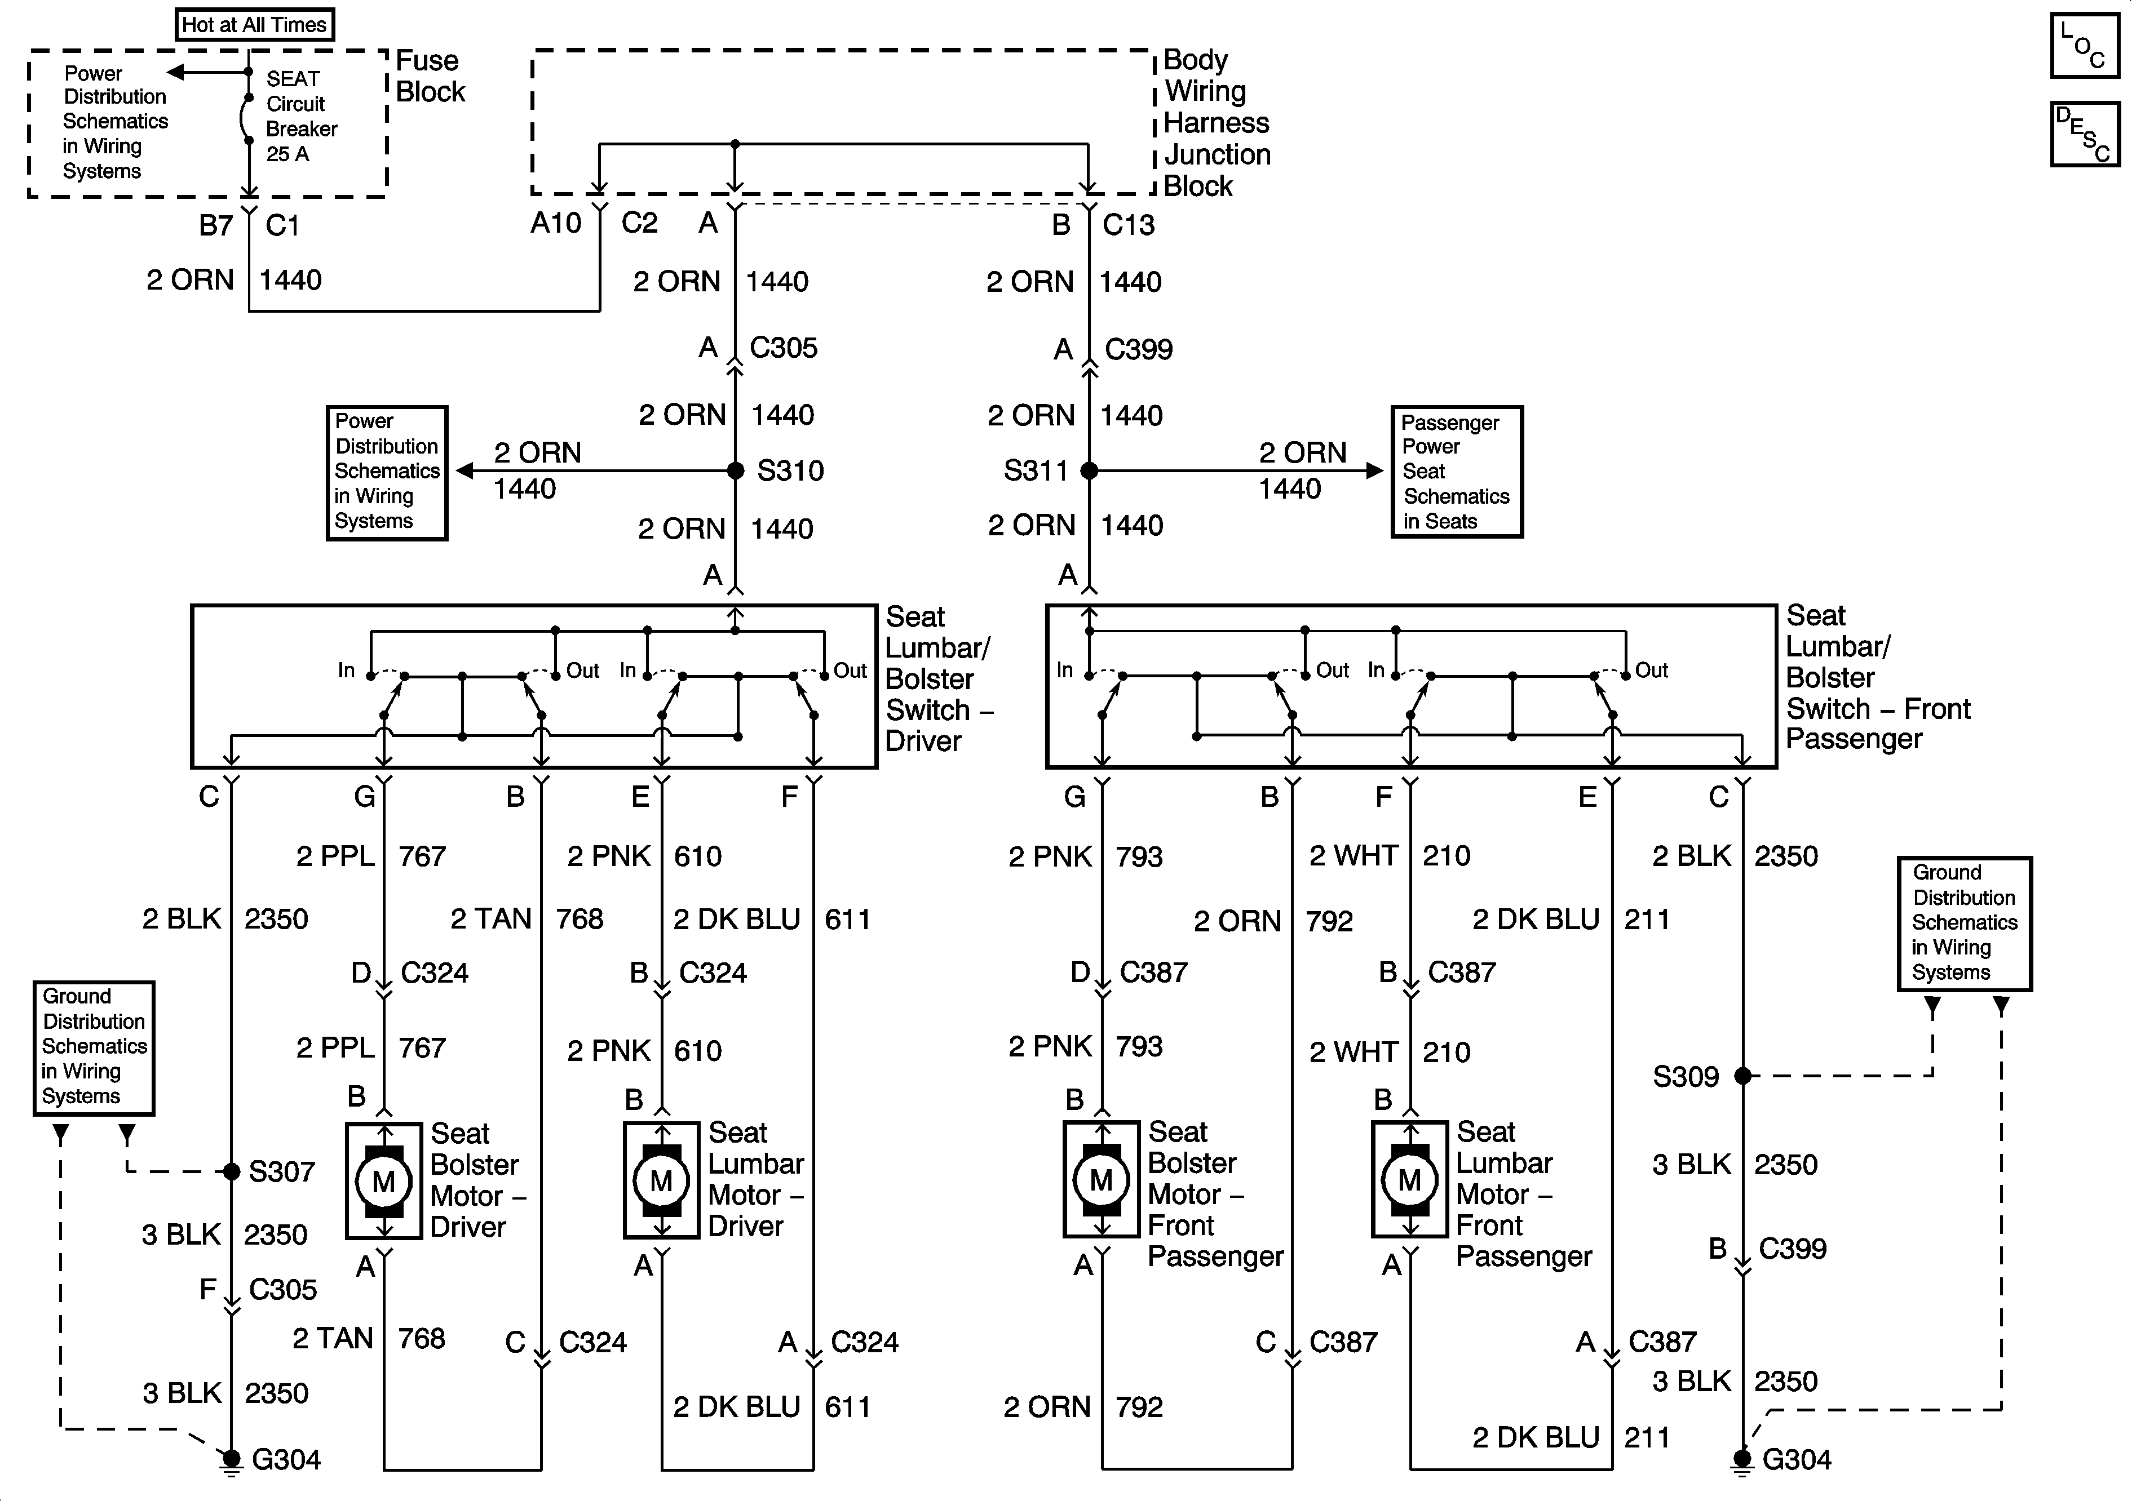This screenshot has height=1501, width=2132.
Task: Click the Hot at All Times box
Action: click(254, 25)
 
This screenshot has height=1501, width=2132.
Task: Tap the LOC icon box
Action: click(2085, 45)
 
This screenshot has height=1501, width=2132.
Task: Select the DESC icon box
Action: click(2085, 135)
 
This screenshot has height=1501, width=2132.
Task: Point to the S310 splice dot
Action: click(736, 470)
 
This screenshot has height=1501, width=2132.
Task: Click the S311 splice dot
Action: click(1089, 470)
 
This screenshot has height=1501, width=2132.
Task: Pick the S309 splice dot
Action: click(1743, 1076)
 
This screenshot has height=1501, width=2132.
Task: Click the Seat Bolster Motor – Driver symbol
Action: click(383, 1181)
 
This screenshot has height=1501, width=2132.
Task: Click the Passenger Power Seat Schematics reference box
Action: click(1457, 472)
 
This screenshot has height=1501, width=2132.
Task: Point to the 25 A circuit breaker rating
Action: click(288, 154)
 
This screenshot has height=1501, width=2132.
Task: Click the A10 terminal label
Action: click(556, 223)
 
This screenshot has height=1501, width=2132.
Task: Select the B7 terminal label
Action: click(216, 225)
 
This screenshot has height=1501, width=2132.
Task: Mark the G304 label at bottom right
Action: click(1797, 1460)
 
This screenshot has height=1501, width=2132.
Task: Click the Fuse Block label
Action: click(431, 76)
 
